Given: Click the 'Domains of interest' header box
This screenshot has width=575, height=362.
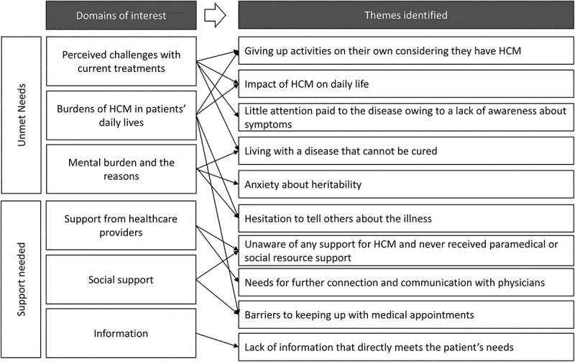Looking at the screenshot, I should pyautogui.click(x=121, y=15).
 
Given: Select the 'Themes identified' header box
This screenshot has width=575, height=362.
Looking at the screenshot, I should pyautogui.click(x=405, y=15).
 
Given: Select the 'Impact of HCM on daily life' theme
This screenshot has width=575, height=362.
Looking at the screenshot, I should pyautogui.click(x=406, y=84).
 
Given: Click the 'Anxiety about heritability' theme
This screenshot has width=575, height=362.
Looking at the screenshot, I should pyautogui.click(x=406, y=185).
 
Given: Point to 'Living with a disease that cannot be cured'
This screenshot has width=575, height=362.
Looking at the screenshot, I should pyautogui.click(x=406, y=152).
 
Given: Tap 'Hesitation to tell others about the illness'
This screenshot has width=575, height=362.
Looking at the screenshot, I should pyautogui.click(x=406, y=218).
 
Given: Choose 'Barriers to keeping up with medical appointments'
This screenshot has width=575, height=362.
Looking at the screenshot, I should pyautogui.click(x=406, y=315).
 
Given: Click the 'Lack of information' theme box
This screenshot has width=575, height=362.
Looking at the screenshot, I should pyautogui.click(x=406, y=347).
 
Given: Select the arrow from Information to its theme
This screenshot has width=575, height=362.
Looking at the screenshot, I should pyautogui.click(x=216, y=340).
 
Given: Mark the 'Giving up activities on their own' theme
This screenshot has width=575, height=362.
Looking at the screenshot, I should pyautogui.click(x=406, y=52).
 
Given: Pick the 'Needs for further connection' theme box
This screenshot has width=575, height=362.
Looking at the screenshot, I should pyautogui.click(x=406, y=281).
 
